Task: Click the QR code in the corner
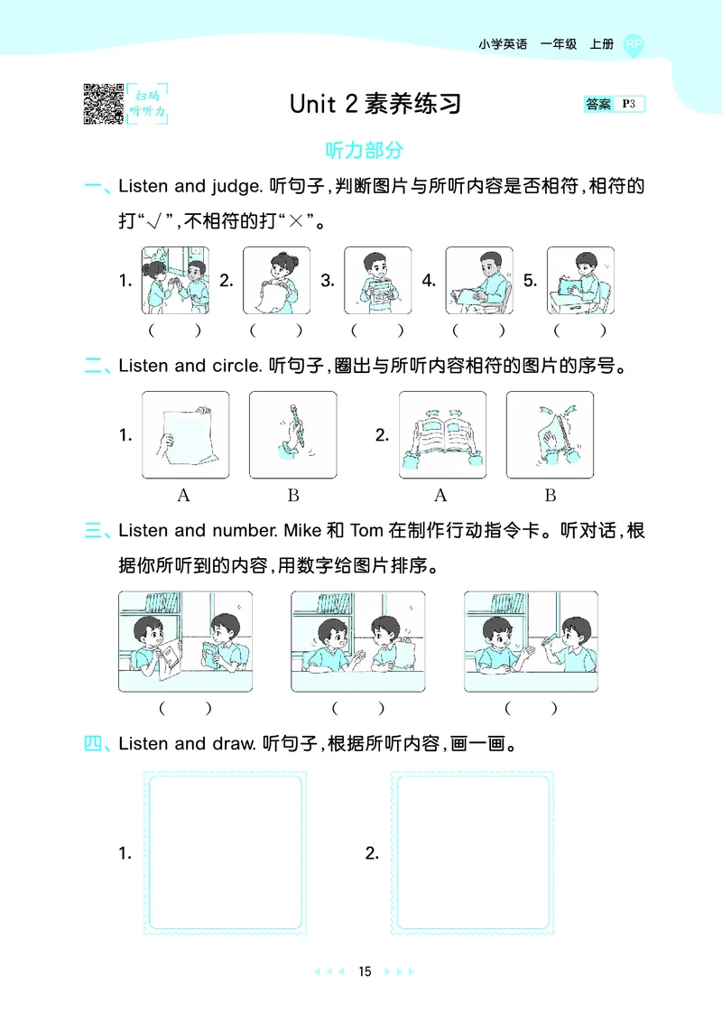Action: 103,103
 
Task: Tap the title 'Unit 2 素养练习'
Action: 375,104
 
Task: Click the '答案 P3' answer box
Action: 615,105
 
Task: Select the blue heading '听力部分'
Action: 365,150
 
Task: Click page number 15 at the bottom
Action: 365,972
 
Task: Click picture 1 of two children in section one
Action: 174,281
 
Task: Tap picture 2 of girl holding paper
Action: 276,281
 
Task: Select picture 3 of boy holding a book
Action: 377,281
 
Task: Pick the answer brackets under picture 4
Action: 479,330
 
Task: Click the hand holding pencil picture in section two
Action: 292,434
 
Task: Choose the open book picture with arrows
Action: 443,434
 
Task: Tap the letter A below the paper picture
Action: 184,495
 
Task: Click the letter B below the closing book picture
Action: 551,495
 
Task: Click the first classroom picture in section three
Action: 185,641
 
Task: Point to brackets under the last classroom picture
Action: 530,709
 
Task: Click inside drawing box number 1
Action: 226,852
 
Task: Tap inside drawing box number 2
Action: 473,852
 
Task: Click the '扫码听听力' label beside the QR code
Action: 148,103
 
